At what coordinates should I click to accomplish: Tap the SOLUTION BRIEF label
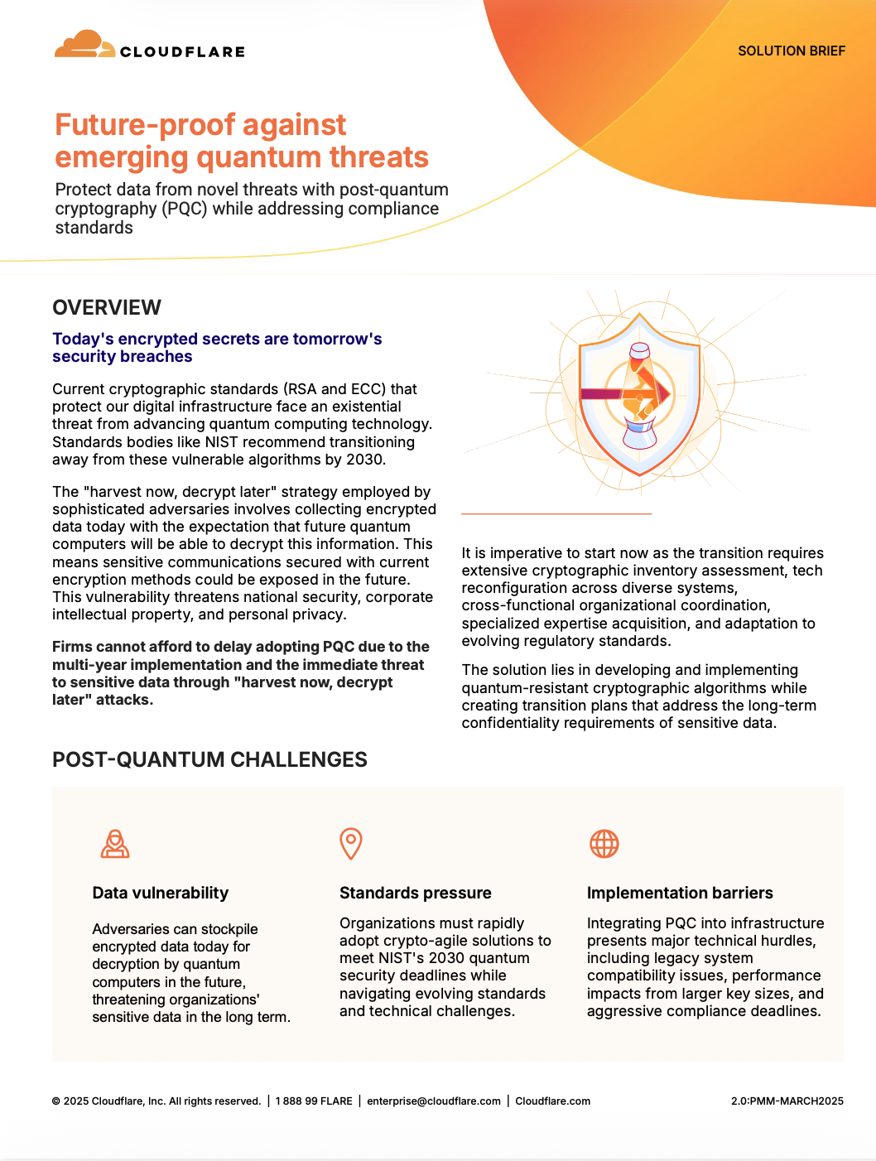(791, 51)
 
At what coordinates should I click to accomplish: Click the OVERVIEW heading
(107, 307)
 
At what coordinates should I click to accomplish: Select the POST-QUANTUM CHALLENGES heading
(209, 759)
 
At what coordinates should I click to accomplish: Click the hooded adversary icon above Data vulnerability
(115, 844)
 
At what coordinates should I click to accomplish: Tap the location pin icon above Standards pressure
(351, 843)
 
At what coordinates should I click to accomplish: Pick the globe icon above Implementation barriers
(604, 844)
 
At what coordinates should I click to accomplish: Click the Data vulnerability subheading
(160, 893)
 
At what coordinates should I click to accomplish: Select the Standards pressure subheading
(415, 893)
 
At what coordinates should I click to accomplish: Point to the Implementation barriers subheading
(679, 893)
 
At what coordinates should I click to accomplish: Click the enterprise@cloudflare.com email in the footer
(434, 1101)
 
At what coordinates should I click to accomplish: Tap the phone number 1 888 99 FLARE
(314, 1101)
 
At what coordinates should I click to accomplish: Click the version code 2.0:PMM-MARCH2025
(787, 1101)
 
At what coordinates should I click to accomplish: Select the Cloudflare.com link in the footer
(552, 1101)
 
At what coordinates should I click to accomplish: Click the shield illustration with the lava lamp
(639, 393)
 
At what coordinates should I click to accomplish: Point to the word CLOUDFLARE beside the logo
(182, 51)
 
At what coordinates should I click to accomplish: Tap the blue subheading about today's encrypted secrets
(217, 348)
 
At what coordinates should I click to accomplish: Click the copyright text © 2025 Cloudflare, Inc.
(156, 1101)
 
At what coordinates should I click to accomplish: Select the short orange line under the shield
(556, 514)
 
